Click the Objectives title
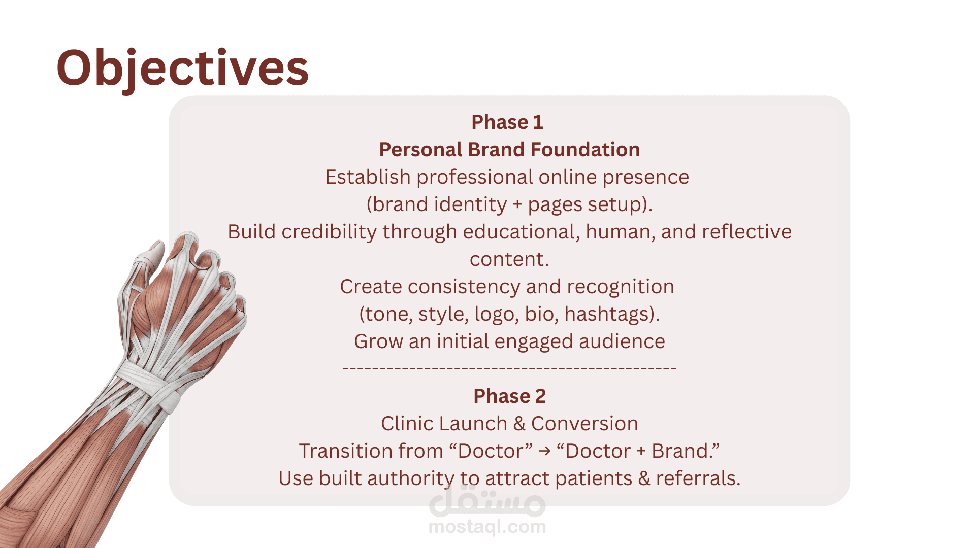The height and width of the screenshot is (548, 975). pos(182,68)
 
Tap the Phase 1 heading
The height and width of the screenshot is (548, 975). pos(507,122)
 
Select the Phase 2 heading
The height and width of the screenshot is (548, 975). pos(509,396)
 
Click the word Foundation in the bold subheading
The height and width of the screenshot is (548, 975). pos(585,150)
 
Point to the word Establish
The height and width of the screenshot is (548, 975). pos(368,177)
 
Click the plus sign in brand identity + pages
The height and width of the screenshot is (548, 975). pos(517,205)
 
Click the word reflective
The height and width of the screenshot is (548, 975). pos(746,232)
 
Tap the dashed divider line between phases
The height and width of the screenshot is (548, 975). pos(509,368)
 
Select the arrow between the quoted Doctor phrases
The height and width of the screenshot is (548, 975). pos(544,451)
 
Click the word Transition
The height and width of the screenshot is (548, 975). pos(345,451)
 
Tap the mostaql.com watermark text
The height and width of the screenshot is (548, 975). pos(487,527)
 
